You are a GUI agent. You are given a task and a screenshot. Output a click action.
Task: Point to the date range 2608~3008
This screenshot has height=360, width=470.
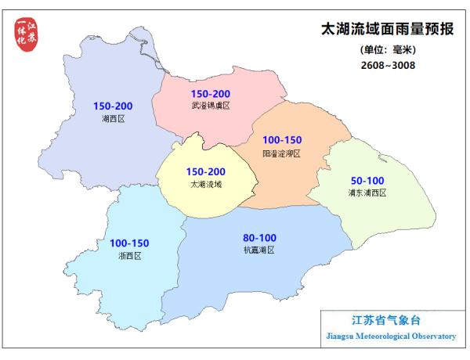tap(383, 65)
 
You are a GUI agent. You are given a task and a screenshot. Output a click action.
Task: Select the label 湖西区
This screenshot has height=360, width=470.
tap(114, 119)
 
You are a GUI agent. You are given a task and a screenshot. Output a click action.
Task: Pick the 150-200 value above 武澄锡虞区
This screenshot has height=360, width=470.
tap(210, 92)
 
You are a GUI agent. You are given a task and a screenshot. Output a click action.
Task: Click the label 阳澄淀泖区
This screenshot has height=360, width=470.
tap(282, 153)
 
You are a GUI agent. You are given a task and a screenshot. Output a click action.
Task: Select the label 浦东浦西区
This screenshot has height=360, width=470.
tap(367, 193)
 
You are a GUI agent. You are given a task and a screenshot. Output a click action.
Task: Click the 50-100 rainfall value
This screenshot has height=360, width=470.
tap(367, 180)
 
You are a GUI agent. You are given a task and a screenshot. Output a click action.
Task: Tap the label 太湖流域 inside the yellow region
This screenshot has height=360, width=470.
tap(206, 185)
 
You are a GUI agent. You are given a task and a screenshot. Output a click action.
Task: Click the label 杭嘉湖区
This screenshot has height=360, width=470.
tap(259, 250)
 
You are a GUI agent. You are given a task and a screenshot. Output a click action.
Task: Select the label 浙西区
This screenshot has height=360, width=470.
tap(129, 256)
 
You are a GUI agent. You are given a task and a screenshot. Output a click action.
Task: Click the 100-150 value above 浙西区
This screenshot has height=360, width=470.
tap(129, 243)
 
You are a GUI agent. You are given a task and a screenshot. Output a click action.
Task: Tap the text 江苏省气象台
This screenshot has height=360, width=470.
tap(386, 320)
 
